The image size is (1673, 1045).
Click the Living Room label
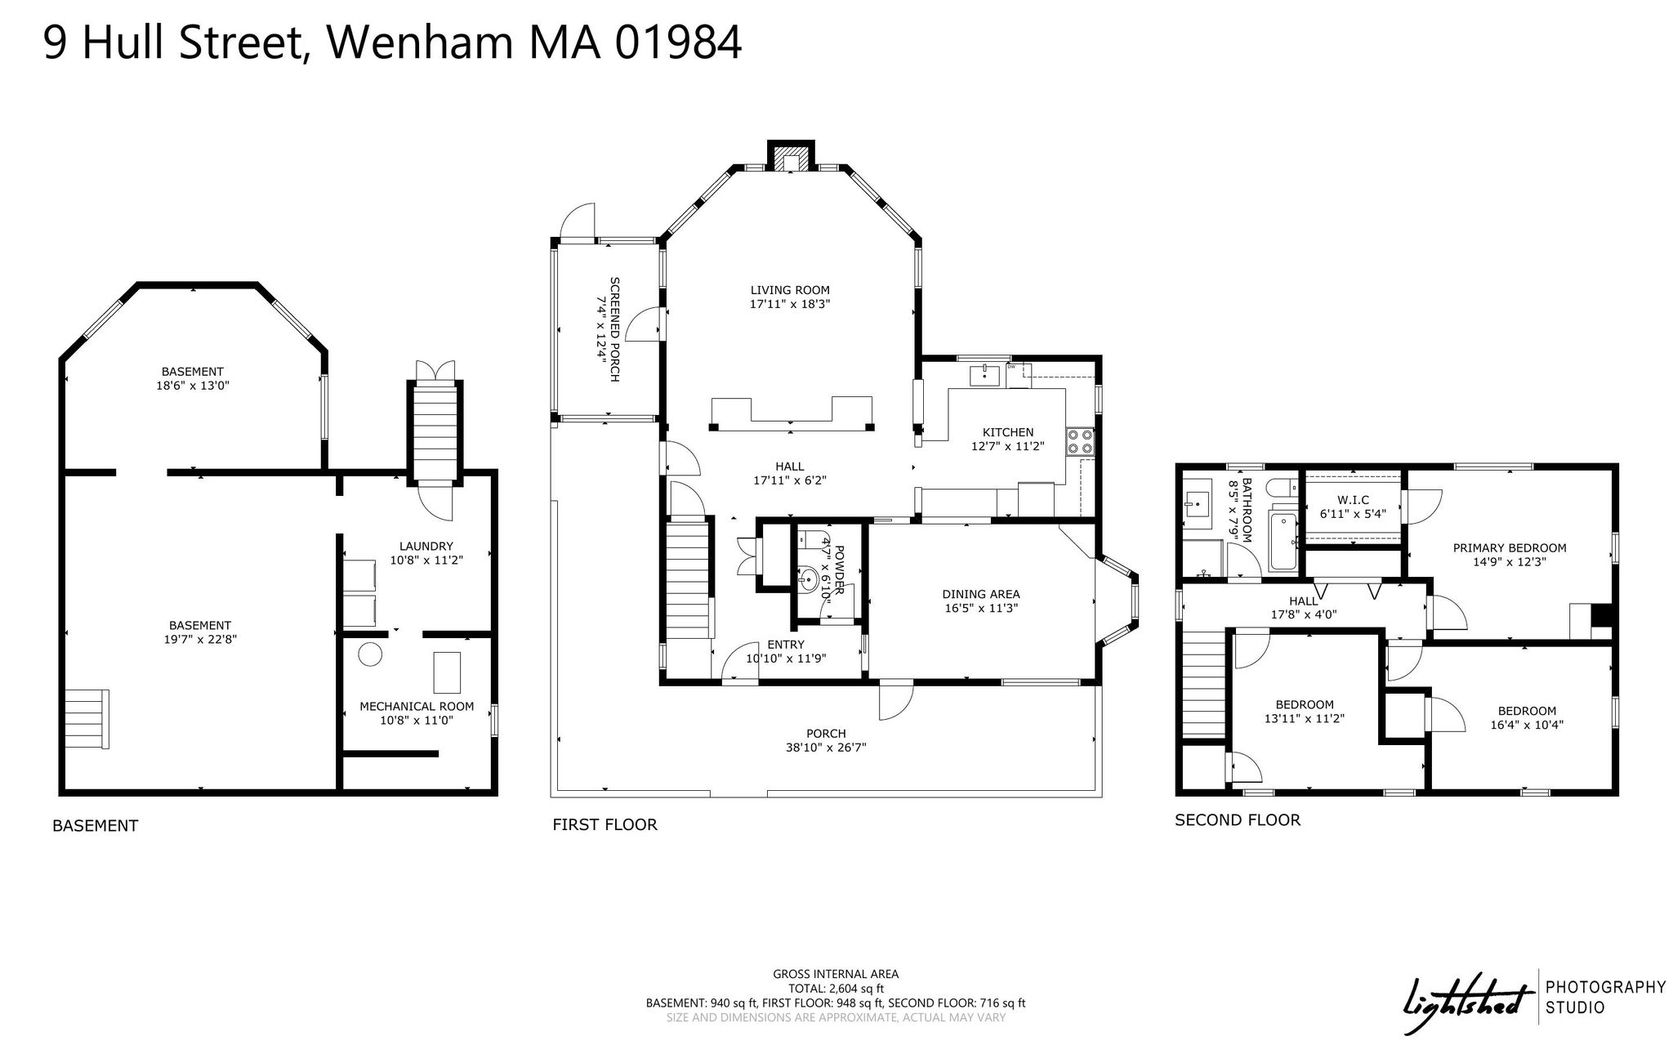click(790, 290)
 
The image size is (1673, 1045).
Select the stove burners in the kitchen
click(1079, 442)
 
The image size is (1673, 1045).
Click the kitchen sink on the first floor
click(985, 376)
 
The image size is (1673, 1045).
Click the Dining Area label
click(981, 594)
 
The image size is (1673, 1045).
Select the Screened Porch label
click(614, 329)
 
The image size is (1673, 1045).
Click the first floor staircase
click(687, 579)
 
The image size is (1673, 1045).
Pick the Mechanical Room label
click(417, 707)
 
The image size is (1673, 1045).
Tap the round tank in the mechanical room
click(371, 654)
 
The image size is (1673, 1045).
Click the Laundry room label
click(426, 547)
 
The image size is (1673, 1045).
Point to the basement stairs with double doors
click(435, 433)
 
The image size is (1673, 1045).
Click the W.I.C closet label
click(1353, 500)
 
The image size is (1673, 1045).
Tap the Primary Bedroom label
click(1510, 548)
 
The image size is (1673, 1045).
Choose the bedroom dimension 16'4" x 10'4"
click(1527, 725)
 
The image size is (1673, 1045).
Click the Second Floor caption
click(1238, 819)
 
